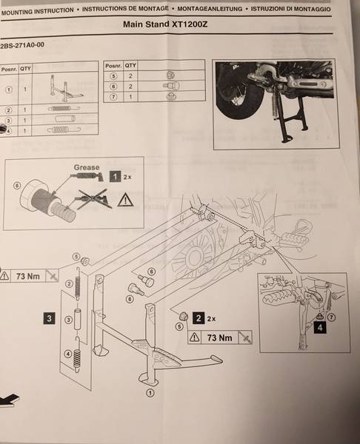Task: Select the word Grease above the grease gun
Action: [x=87, y=168]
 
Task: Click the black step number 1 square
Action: [x=115, y=177]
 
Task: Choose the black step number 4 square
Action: [x=319, y=324]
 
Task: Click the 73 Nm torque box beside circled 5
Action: [x=31, y=275]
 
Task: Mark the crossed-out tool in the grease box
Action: [x=97, y=199]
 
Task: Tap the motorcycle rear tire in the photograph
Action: [x=236, y=111]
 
